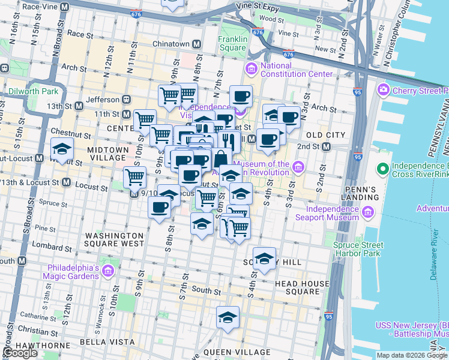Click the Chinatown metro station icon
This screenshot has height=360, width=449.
coord(196,44)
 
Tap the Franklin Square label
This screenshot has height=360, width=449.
coord(232,44)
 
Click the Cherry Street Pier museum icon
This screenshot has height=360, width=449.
coord(383,91)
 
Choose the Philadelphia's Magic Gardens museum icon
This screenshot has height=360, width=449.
coord(107,272)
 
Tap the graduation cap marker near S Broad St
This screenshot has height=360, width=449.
coord(62,149)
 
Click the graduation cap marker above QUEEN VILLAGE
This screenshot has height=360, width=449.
coord(228,317)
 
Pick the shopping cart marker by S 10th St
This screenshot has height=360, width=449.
coord(134,177)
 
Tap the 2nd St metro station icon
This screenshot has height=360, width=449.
coord(326,146)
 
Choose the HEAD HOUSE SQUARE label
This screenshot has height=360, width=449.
coord(302,287)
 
